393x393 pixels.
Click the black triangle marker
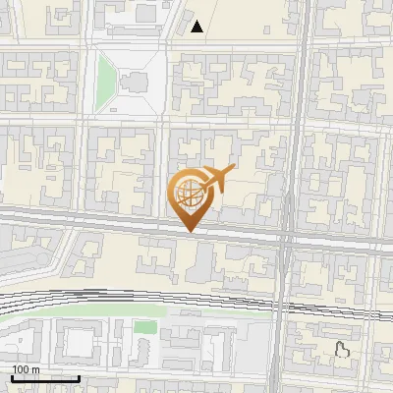198,27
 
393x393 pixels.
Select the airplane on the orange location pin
214,180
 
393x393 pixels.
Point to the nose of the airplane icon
232,170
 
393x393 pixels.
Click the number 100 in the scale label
21,369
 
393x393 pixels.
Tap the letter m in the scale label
35,369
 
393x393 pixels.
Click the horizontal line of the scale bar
45,378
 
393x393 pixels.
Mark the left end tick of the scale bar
12,376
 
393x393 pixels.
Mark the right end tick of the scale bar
79,376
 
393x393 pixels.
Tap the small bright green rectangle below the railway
145,326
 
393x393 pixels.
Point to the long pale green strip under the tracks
98,313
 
